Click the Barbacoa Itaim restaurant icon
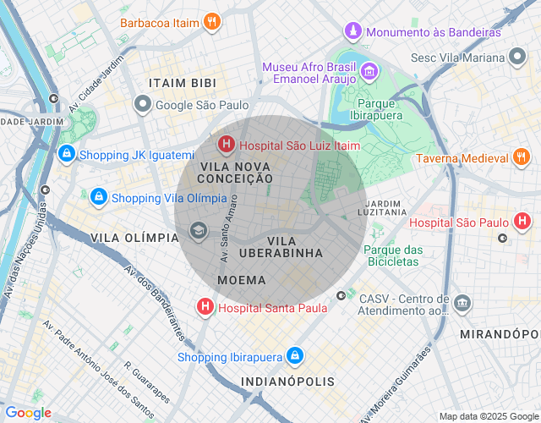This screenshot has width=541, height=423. tap(212, 22)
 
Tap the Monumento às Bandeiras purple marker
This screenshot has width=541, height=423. tap(352, 32)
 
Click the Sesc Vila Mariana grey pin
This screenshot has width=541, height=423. tap(518, 58)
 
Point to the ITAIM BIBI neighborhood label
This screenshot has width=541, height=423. tap(182, 84)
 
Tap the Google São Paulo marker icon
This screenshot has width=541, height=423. tap(143, 105)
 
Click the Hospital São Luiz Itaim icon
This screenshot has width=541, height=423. tap(226, 146)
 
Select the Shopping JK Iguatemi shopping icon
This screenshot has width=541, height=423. tap(66, 155)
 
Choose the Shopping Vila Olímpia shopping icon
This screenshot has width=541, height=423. tap(99, 198)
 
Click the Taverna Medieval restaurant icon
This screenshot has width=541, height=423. tap(521, 158)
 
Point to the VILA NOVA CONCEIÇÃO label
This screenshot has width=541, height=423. tap(235, 173)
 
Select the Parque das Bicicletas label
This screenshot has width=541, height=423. tap(393, 255)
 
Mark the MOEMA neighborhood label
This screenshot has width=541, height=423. tap(242, 280)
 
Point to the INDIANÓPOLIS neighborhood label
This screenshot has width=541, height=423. tap(288, 382)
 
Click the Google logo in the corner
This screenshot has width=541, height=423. tap(28, 413)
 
